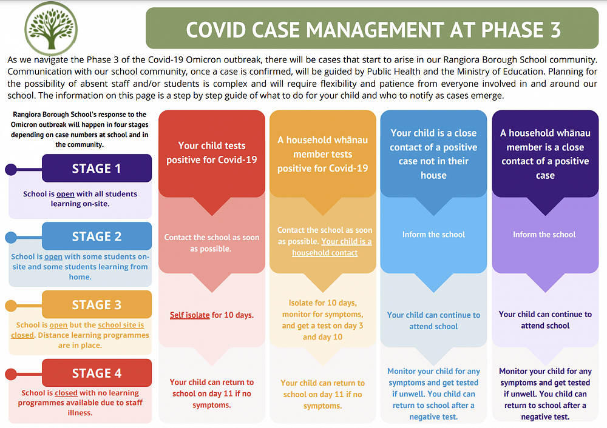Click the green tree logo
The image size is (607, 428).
(51, 28)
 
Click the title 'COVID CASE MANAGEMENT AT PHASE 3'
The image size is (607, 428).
(373, 28)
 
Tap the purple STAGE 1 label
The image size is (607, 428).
(97, 168)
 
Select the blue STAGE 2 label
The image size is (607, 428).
(97, 236)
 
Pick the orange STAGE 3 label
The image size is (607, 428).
(97, 304)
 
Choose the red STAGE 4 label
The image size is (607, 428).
(97, 373)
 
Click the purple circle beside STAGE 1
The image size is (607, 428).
(11, 169)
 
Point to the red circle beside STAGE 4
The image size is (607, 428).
(11, 374)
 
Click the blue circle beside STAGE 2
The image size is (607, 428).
(11, 237)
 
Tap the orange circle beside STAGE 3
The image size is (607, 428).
(11, 306)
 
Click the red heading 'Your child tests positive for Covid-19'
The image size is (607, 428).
(212, 153)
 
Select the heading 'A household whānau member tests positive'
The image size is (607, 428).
(323, 154)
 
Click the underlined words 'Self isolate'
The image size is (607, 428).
(189, 315)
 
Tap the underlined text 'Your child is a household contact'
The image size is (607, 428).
(332, 247)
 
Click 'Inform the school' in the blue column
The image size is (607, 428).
(433, 235)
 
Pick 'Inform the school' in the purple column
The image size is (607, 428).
(544, 235)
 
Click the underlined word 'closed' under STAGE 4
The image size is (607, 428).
(66, 393)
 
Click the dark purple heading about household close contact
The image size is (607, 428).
(545, 154)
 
